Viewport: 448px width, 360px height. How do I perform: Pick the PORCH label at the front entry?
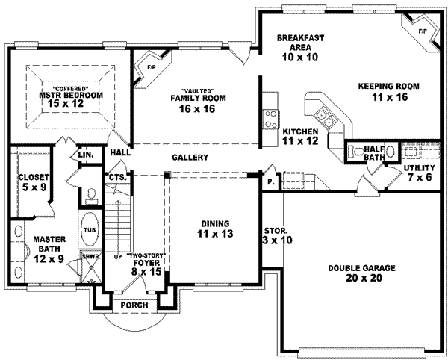(134, 306)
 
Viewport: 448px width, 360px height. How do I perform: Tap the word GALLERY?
(190, 158)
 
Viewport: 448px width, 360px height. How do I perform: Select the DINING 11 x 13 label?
(214, 229)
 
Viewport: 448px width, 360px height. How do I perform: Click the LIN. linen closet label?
(85, 155)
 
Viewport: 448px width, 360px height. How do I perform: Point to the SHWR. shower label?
(88, 256)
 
